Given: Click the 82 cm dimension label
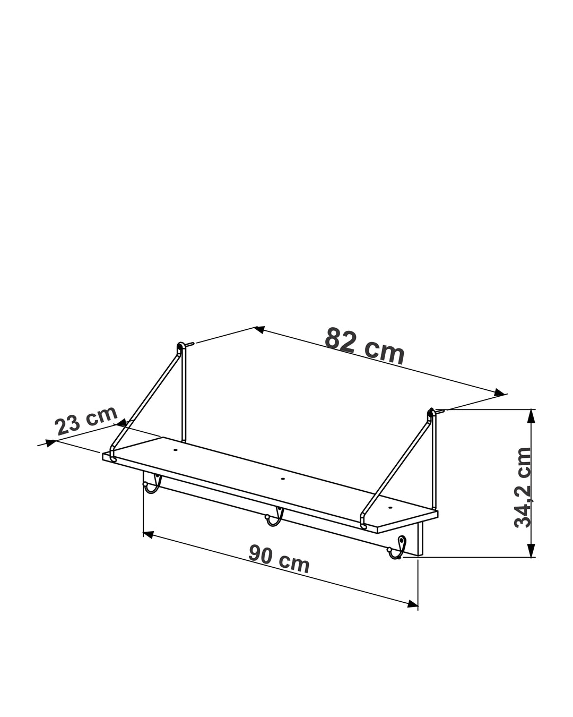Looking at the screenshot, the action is [x=364, y=346].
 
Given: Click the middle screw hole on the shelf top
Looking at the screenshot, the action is [x=283, y=479].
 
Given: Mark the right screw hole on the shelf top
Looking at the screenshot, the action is [x=390, y=508].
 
